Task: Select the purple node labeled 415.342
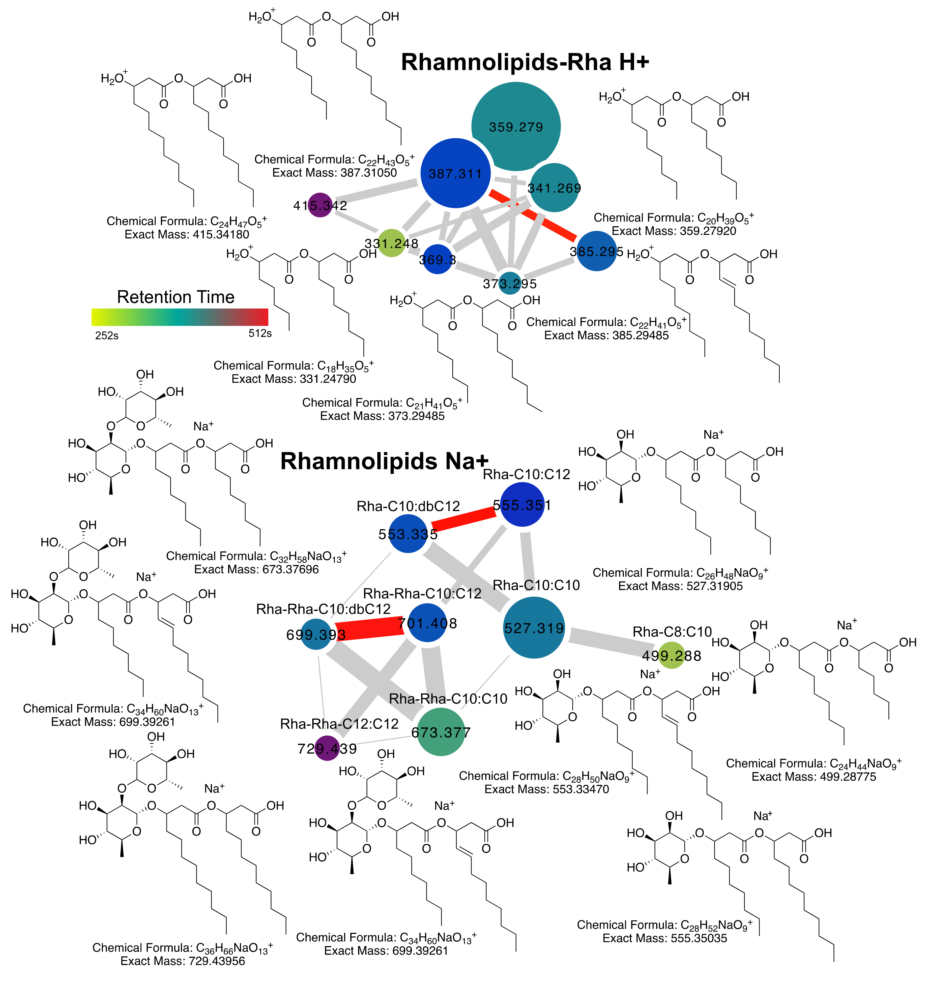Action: [x=320, y=205]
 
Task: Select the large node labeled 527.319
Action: [x=534, y=628]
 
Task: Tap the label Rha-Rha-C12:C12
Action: [x=339, y=724]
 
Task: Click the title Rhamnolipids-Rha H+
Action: [x=525, y=62]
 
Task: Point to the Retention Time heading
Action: [x=175, y=297]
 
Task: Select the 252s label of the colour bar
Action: [x=107, y=336]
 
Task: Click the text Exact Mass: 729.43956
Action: [x=183, y=961]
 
